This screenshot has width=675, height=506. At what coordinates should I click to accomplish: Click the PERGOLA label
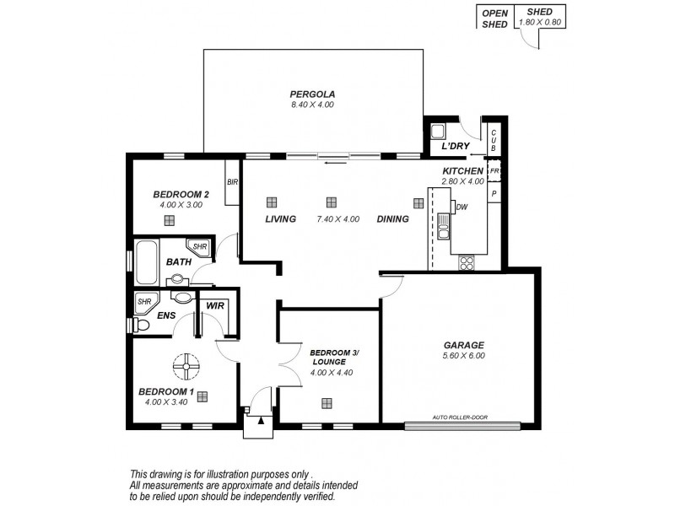(312, 94)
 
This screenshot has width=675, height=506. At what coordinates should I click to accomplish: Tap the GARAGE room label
(463, 345)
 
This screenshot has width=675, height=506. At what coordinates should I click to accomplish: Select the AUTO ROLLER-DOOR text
(459, 417)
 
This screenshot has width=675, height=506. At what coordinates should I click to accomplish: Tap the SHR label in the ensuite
(144, 301)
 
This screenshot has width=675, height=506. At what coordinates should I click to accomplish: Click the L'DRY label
(456, 147)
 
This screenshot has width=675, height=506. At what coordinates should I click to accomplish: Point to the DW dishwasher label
(462, 207)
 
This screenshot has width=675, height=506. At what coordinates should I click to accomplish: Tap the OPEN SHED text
(494, 19)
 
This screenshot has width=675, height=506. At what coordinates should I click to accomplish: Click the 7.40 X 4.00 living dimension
(338, 219)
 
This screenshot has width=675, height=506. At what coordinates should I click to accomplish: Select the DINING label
(393, 219)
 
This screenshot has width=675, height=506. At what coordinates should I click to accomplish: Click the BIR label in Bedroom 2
(231, 180)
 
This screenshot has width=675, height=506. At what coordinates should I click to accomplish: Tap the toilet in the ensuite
(141, 325)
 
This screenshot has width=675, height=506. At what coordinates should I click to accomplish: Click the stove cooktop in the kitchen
(466, 262)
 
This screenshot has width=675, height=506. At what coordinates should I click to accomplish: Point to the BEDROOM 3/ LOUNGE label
(329, 357)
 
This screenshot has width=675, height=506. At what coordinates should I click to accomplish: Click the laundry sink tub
(438, 132)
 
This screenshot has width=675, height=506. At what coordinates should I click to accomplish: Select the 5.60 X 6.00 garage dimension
(463, 356)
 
